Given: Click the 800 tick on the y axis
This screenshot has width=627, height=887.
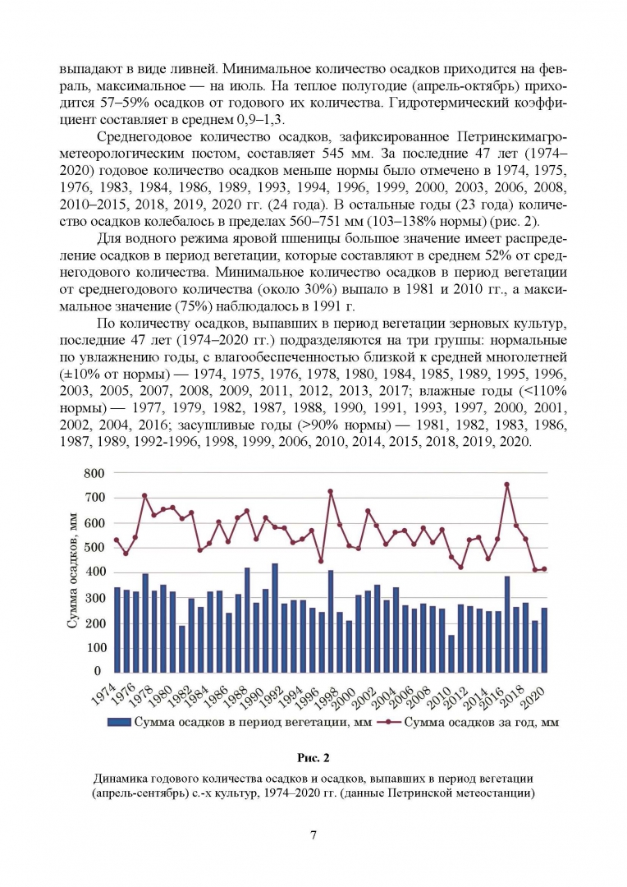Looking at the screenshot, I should coord(94,473).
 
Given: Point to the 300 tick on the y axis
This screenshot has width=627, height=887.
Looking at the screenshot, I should coord(94,597).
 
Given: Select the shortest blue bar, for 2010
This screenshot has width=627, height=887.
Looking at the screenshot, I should coord(451,653).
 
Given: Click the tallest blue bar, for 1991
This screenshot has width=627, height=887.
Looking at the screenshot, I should coord(275,618).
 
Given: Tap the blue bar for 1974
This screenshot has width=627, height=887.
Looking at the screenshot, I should coord(117,629).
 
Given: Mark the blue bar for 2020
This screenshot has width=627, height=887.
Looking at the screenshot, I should coord(544,640).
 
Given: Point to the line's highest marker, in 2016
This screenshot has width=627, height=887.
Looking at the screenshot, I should coord(506,485).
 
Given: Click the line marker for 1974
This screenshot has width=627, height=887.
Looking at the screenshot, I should coord(117,540).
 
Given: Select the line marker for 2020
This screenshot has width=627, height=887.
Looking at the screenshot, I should coord(544,569).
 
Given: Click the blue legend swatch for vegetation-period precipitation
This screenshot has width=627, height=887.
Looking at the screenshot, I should coord(118,723).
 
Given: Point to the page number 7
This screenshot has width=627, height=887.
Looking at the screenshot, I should coord(313,835).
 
